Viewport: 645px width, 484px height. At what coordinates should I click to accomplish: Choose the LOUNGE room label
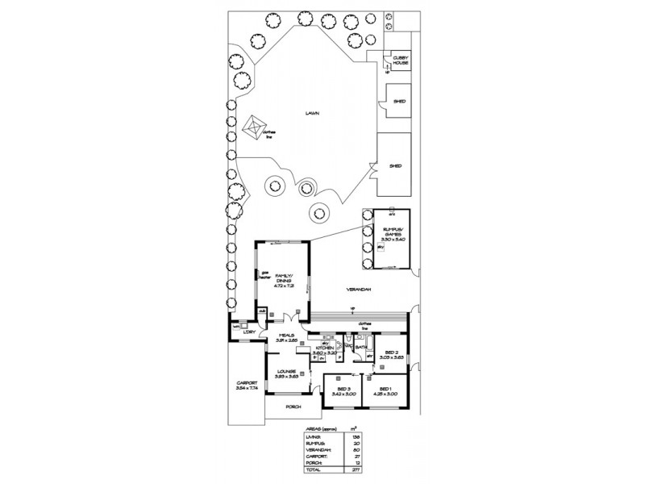[x=286, y=371]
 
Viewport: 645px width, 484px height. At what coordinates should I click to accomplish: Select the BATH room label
[x=360, y=348]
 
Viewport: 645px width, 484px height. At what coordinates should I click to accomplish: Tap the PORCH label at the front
[x=293, y=407]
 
